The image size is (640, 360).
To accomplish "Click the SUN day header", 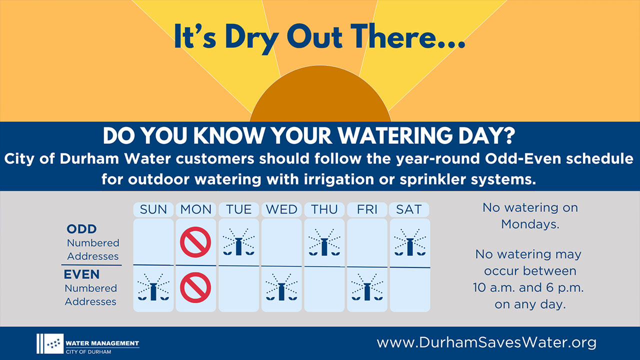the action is [153, 209].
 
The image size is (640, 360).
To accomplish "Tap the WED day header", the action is [281, 209].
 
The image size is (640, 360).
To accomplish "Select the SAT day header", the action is [409, 209].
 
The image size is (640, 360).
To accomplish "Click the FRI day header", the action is [367, 209].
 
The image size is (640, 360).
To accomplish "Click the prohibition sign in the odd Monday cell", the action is [195, 242].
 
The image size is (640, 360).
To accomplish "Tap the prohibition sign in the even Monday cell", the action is [195, 287].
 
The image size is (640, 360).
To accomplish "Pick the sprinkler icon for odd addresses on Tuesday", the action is [238, 242].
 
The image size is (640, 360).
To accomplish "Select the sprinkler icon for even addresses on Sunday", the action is [153, 287].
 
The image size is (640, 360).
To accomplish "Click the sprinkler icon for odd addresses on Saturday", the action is [410, 242].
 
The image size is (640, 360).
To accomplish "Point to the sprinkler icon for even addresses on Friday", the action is [367, 287].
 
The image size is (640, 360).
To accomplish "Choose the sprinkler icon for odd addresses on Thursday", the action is [324, 242].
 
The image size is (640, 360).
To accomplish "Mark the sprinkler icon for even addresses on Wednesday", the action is [281, 287].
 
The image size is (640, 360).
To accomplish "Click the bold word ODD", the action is [81, 229].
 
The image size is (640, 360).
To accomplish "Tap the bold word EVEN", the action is [81, 274].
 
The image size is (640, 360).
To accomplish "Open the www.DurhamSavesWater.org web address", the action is [486, 342].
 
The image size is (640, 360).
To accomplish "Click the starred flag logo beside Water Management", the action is [50, 343].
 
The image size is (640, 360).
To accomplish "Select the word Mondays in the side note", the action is [530, 224].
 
